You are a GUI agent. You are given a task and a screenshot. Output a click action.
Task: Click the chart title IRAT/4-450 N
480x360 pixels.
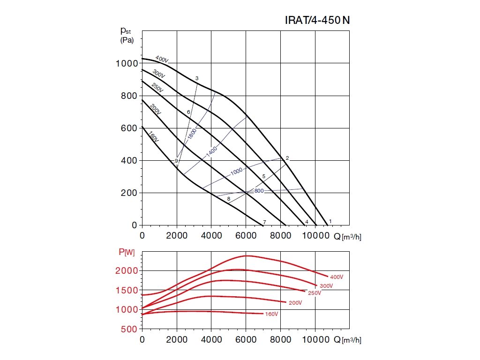pos(317,20)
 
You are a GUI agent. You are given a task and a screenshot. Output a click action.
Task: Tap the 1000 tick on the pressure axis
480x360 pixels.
pos(126,63)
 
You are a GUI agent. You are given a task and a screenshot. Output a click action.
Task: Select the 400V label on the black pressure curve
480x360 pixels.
pos(162,60)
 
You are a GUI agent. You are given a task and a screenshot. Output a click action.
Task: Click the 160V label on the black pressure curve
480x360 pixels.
pos(153,137)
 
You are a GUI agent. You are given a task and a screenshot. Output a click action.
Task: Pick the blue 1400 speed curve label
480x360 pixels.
pos(211,151)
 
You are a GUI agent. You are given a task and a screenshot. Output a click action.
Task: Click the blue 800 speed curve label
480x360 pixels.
pos(259,191)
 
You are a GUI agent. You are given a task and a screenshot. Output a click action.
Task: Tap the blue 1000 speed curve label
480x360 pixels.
pos(237,172)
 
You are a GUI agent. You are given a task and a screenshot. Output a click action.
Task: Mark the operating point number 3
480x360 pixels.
pos(197,78)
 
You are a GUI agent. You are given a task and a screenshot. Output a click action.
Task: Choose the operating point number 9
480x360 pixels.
pos(176,161)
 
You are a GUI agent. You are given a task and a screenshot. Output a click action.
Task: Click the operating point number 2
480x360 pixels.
pos(287,158)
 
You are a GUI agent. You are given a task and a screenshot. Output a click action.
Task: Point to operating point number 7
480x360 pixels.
pos(264,222)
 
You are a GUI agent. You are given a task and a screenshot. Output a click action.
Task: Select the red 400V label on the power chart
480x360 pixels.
pos(337,277)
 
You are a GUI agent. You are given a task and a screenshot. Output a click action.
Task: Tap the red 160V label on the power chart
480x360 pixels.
pos(271,314)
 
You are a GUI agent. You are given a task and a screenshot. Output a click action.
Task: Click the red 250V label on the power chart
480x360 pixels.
pos(314,293)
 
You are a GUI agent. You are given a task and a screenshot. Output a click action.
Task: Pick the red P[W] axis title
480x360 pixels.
pos(127,253)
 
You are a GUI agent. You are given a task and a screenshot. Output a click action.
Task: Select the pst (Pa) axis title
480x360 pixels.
pos(127,35)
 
